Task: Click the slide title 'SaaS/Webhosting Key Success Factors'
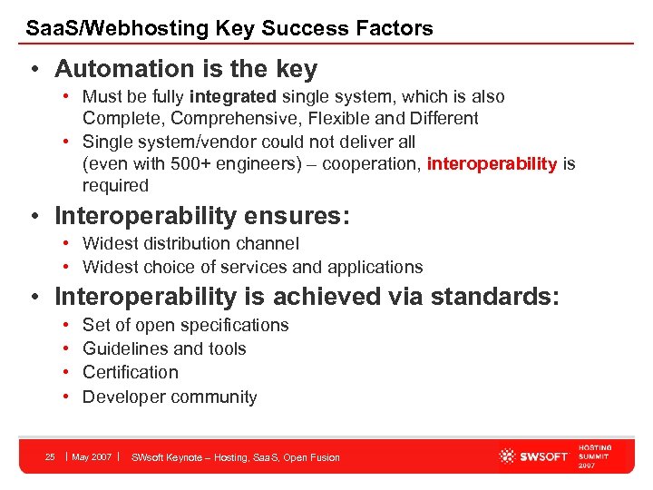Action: (229, 28)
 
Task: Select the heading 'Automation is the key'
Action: (186, 69)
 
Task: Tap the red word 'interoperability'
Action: (492, 163)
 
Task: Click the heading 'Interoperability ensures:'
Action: (200, 216)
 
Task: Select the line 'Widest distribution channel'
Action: (190, 243)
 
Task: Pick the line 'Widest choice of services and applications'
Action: (252, 267)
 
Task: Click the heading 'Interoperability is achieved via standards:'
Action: (307, 297)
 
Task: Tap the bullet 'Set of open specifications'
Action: (185, 325)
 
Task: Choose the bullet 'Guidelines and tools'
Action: (164, 348)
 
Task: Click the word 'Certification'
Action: (131, 372)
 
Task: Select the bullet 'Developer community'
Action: (170, 397)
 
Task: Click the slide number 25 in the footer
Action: (51, 456)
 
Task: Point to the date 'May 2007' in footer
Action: (92, 456)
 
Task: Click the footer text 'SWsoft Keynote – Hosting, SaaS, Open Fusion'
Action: (236, 457)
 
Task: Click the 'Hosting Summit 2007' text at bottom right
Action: (595, 456)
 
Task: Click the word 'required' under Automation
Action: (115, 185)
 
